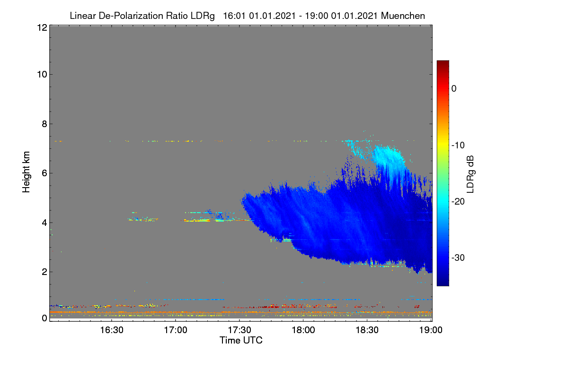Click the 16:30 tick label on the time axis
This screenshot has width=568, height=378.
[112, 330]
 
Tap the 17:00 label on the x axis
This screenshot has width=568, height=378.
[176, 330]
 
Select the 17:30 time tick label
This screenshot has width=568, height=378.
[240, 330]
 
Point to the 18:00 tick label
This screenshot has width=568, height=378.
[303, 330]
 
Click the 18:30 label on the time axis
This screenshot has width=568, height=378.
[367, 330]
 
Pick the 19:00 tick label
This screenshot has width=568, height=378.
[431, 330]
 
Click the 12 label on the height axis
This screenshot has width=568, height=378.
[42, 27]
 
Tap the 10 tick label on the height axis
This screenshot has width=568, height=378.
[42, 75]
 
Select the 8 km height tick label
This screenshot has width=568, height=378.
[44, 124]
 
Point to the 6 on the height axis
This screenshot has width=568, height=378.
[44, 173]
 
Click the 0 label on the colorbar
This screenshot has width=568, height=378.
[454, 89]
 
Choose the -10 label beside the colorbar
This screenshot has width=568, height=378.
[458, 146]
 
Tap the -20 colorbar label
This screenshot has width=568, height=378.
[458, 202]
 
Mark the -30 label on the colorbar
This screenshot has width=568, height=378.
[458, 258]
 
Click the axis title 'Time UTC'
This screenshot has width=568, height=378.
[241, 340]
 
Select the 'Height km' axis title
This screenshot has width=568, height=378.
[26, 172]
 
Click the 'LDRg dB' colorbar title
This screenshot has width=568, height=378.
[470, 174]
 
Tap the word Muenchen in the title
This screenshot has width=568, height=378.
[403, 16]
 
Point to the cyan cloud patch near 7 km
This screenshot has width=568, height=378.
[388, 157]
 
